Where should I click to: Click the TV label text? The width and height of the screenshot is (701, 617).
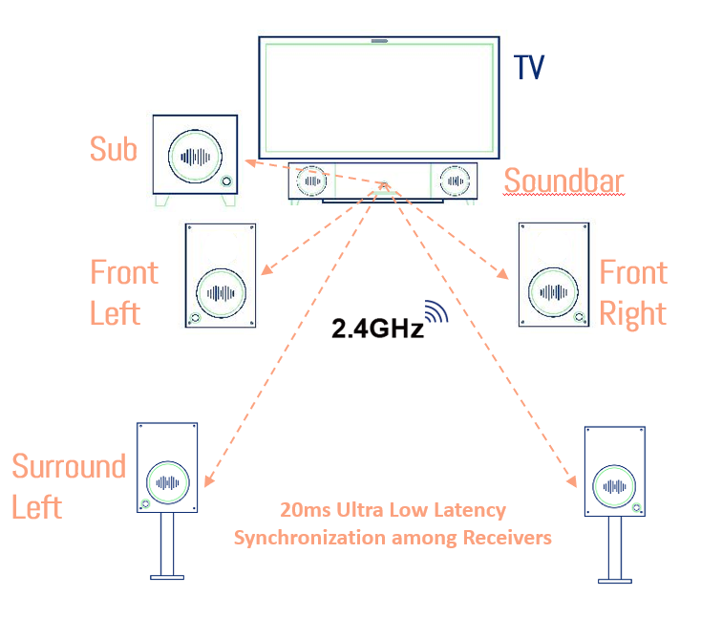(529, 68)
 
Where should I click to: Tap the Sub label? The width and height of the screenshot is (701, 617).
(114, 149)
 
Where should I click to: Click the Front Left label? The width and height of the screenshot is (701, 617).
(124, 292)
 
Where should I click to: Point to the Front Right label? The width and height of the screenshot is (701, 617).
(633, 292)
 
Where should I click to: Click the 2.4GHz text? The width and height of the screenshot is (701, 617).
(376, 330)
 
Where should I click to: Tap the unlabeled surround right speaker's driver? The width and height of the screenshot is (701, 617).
(614, 486)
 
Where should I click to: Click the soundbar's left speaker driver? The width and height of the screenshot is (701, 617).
(312, 180)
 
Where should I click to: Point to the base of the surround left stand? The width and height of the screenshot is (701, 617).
(167, 575)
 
